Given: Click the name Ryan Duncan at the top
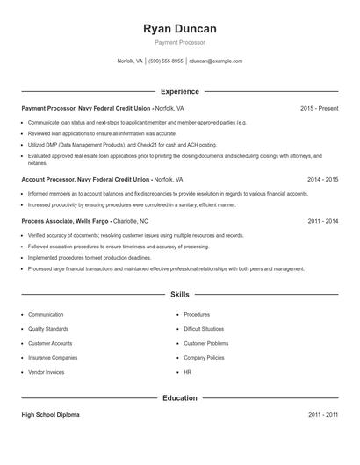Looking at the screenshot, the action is (179, 29).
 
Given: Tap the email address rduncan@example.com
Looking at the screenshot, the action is (215, 61).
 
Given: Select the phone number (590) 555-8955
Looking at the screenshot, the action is (166, 61).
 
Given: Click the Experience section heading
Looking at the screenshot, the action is (179, 91).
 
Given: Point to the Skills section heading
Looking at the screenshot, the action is (179, 295).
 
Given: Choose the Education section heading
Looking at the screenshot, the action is (179, 398).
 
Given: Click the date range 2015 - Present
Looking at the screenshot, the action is (319, 108).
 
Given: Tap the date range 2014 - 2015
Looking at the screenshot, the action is (322, 178).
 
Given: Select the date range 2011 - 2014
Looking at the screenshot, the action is (322, 221).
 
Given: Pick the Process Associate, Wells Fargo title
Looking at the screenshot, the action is (65, 221).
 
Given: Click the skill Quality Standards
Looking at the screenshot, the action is (49, 328).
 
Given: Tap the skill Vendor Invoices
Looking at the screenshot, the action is (47, 372).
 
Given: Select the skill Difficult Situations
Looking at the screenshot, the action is (205, 328).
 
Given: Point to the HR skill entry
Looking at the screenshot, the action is (188, 372).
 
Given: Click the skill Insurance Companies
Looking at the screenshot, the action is (53, 358).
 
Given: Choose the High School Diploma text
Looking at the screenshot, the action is (50, 414).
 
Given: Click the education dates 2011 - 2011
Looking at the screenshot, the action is (322, 414).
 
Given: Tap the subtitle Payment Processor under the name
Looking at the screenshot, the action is (179, 42).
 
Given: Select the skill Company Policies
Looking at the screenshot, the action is (204, 358).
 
